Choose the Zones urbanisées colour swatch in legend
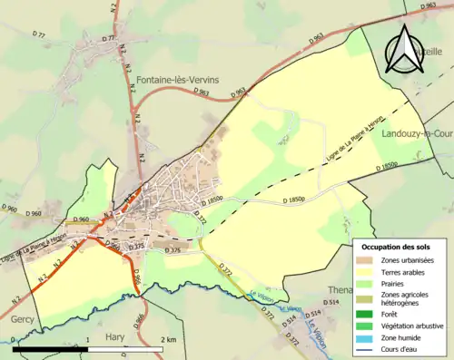tap(367, 260)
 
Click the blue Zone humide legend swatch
tap(367, 336)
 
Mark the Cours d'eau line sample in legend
tap(367, 348)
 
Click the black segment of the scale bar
tap(50, 349)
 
